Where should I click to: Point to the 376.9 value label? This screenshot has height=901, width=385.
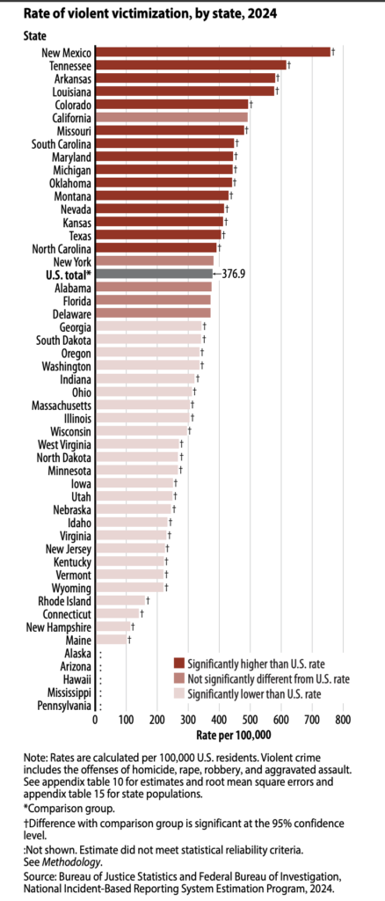236,275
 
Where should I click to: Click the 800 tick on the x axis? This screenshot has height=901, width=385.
342,720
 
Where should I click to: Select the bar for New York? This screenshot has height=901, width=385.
154,260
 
